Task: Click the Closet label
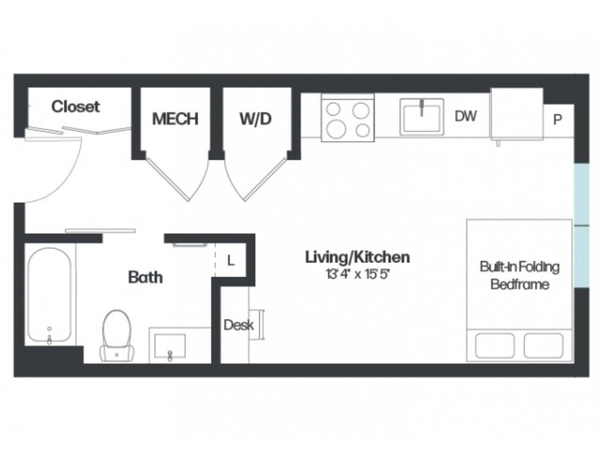(75, 106)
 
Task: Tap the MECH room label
(175, 119)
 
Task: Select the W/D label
(255, 119)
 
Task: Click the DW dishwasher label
(465, 116)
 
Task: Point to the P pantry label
(557, 120)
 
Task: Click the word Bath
(146, 277)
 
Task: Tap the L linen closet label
(230, 260)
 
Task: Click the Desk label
(238, 325)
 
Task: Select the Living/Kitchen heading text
(358, 257)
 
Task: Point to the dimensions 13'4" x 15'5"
(358, 274)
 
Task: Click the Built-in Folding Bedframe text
(520, 275)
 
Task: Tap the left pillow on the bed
(495, 346)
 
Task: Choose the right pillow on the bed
(544, 346)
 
